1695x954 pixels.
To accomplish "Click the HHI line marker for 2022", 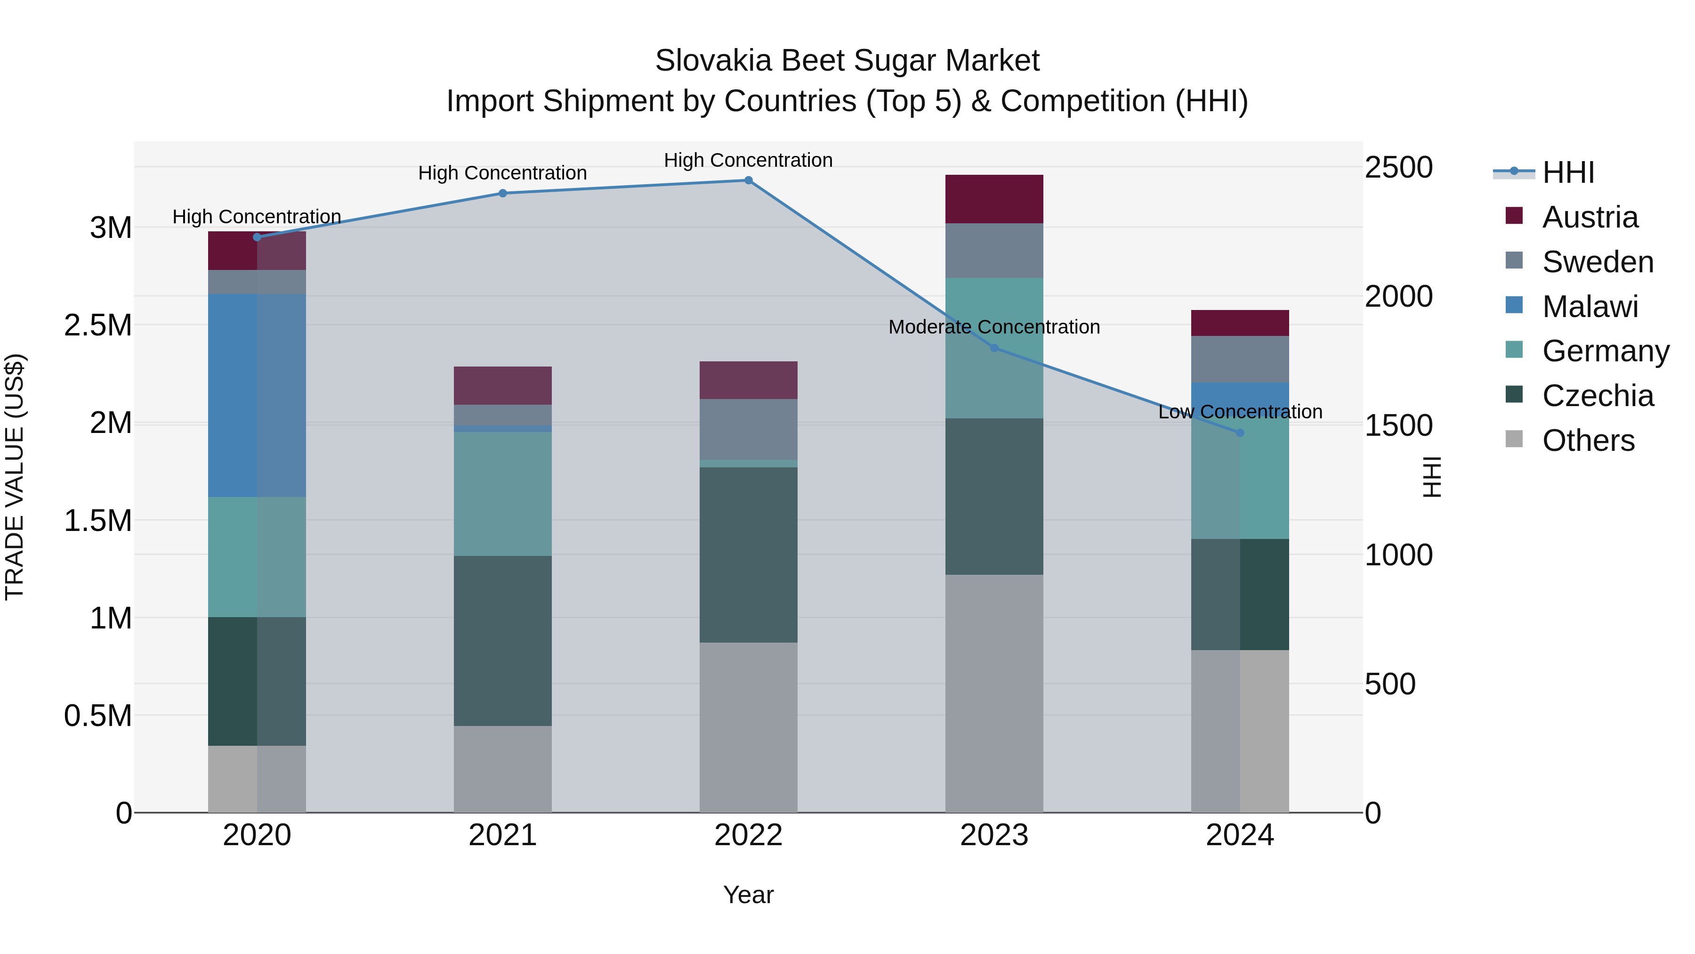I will pyautogui.click(x=748, y=180).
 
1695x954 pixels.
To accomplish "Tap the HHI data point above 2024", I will pyautogui.click(x=1240, y=432).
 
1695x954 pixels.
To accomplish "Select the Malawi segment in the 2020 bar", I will pyautogui.click(x=257, y=395).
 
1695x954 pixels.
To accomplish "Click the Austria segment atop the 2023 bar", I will pyautogui.click(x=993, y=199).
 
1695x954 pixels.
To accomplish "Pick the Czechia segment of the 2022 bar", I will pyautogui.click(x=748, y=554).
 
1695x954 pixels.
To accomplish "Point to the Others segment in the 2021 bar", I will pyautogui.click(x=503, y=769).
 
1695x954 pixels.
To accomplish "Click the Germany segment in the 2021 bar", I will pyautogui.click(x=503, y=494).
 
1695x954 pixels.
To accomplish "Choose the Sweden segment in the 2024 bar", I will pyautogui.click(x=1240, y=359).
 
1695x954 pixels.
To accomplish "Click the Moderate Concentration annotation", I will pyautogui.click(x=993, y=327).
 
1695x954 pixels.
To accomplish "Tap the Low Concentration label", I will pyautogui.click(x=1240, y=412).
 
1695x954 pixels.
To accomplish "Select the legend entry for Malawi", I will pyautogui.click(x=1589, y=307).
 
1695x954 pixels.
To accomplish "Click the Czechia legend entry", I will pyautogui.click(x=1597, y=396).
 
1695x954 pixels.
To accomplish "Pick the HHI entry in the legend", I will pyautogui.click(x=1567, y=172).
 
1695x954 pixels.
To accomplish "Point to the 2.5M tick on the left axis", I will pyautogui.click(x=98, y=325).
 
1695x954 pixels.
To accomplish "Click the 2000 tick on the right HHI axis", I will pyautogui.click(x=1398, y=296).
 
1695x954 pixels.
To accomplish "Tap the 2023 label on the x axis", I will pyautogui.click(x=993, y=835).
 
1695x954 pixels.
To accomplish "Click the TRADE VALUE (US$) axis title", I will pyautogui.click(x=15, y=477).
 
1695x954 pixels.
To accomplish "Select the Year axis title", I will pyautogui.click(x=748, y=895).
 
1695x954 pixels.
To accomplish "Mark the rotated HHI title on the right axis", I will pyautogui.click(x=1431, y=477).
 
